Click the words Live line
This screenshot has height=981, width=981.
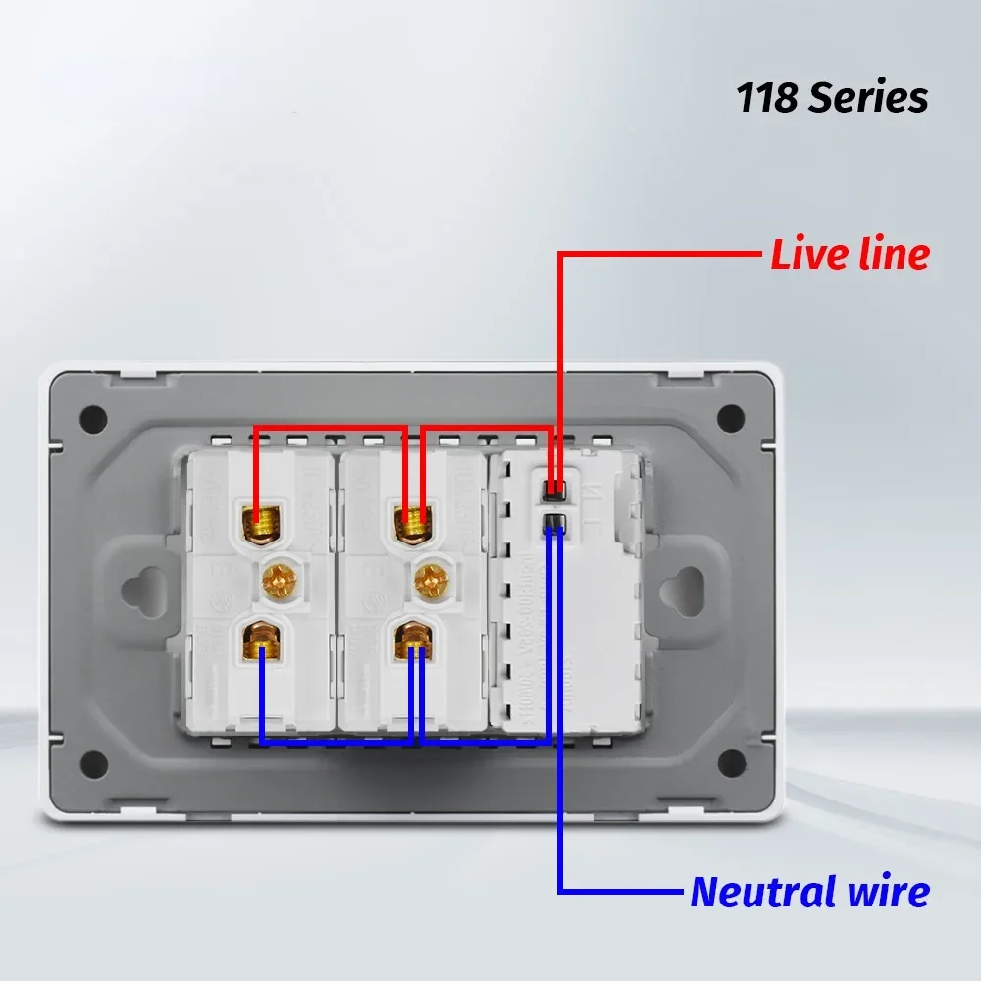point(850,255)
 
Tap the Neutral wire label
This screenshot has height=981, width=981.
point(809,893)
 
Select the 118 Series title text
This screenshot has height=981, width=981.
point(832,98)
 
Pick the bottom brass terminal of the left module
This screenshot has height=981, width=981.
point(260,642)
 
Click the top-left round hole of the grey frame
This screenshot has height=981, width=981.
point(94,417)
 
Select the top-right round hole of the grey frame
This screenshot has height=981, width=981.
point(730,417)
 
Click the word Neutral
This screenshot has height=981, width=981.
point(759,893)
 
